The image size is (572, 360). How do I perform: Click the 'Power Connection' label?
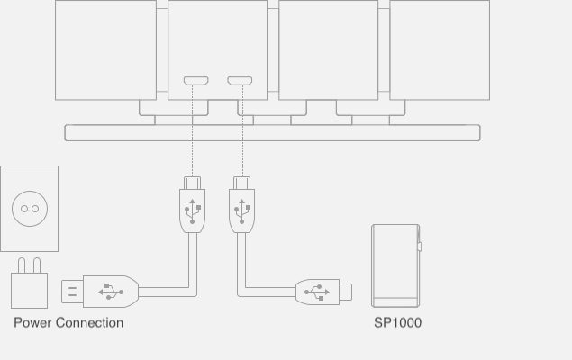coord(68,322)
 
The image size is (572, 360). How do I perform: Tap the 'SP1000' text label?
coord(397,322)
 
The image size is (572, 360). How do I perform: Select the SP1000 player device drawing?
coord(395,265)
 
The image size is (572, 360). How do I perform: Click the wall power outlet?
coord(29,208)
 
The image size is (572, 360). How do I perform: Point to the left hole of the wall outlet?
coord(24,209)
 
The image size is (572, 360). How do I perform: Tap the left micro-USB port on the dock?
coord(195,82)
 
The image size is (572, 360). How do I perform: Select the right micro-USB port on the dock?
coord(240,82)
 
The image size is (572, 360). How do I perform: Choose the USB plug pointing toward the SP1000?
coord(324,292)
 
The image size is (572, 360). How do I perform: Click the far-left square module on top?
coord(105,49)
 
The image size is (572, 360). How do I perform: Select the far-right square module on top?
coord(440,49)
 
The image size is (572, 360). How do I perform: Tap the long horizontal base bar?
coord(272,133)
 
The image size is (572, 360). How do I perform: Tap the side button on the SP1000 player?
coord(419,247)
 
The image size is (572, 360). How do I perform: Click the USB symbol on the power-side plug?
coord(111,292)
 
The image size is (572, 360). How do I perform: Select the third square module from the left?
coord(329,49)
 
